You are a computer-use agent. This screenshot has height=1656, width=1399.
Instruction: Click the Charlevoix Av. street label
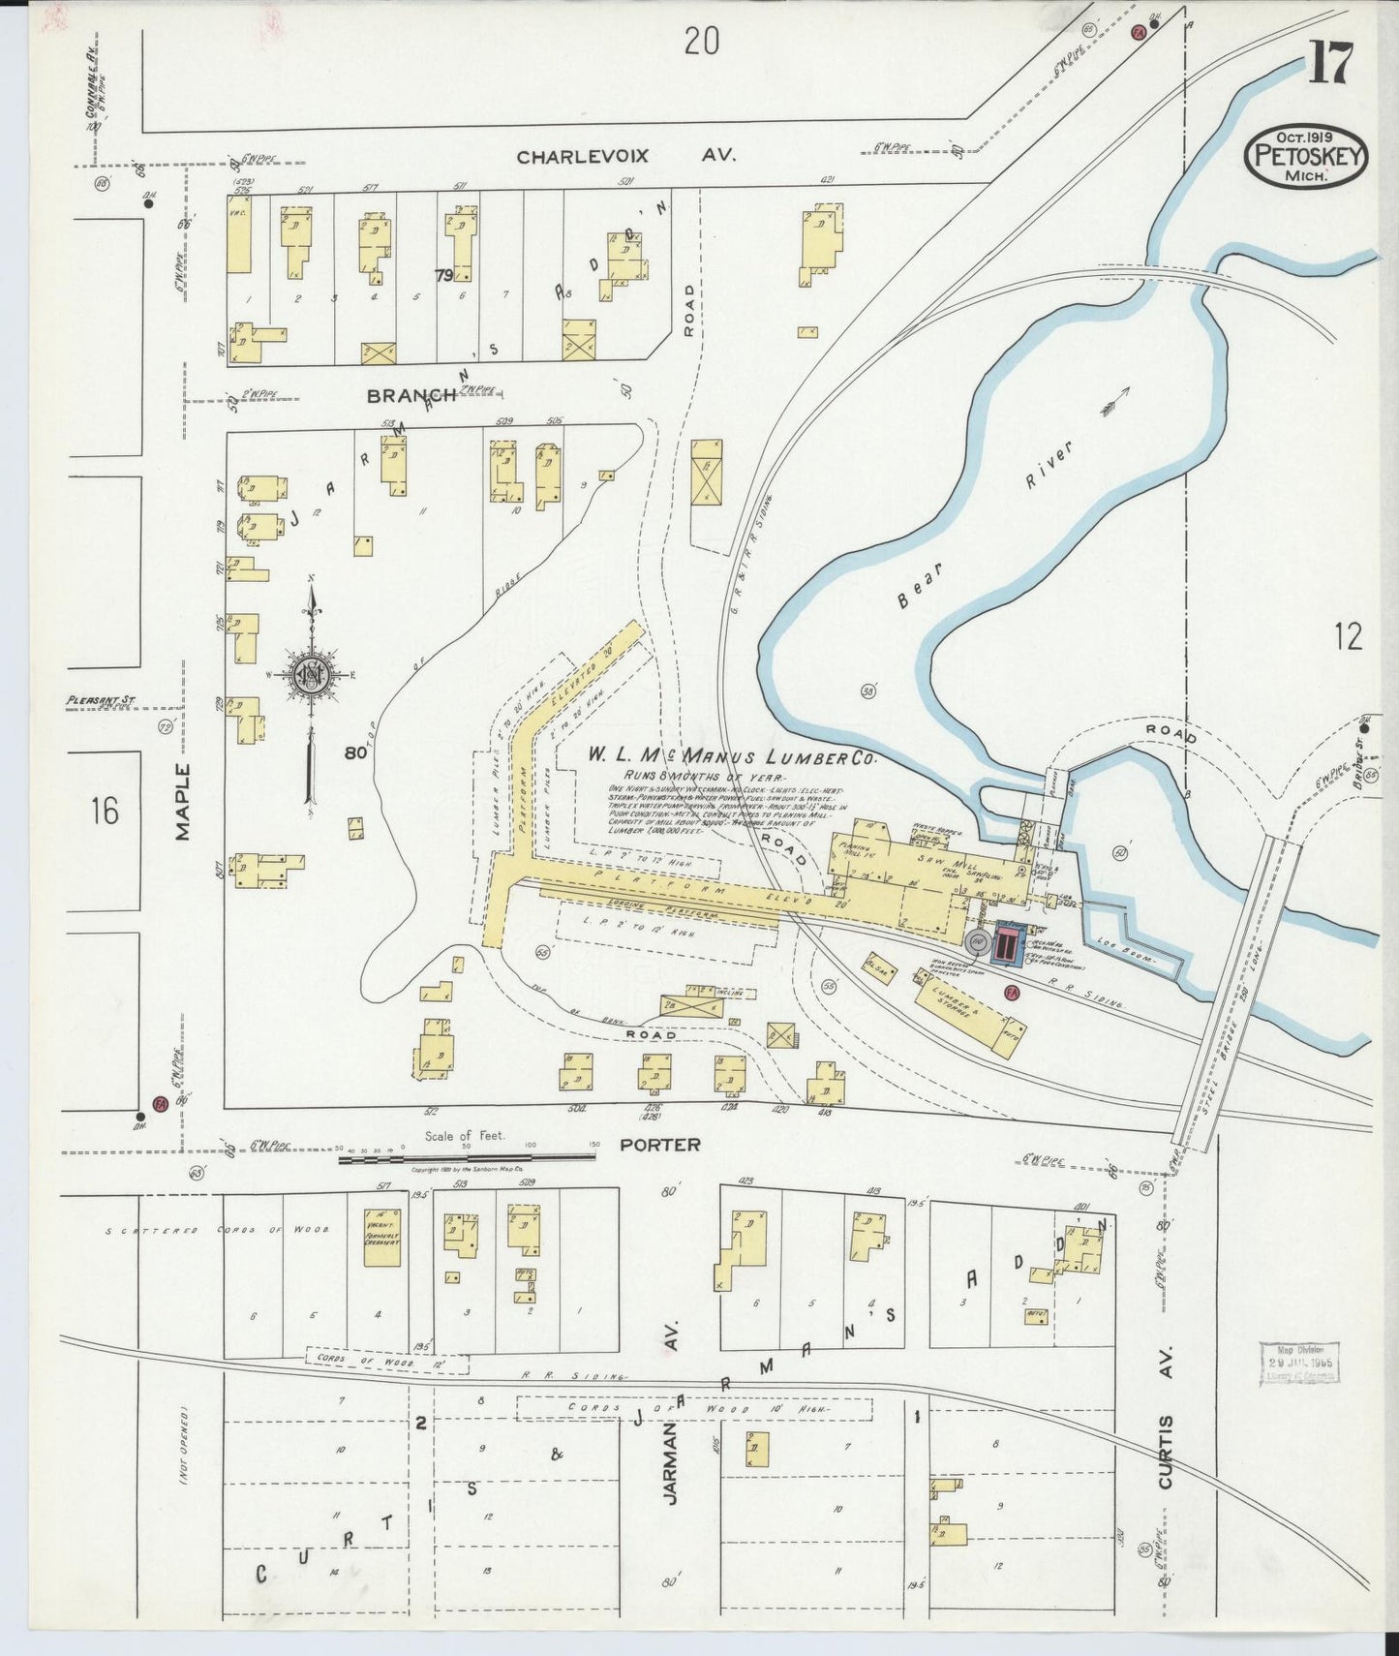(x=625, y=155)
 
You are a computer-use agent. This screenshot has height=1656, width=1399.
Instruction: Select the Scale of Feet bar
(x=468, y=1157)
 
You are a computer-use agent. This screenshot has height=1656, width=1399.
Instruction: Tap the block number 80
(x=355, y=751)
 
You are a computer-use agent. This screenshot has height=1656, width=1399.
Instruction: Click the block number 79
(x=443, y=276)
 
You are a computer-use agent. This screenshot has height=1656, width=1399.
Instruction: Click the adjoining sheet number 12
(x=1347, y=636)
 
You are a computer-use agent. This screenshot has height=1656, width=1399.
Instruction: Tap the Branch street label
(x=411, y=395)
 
